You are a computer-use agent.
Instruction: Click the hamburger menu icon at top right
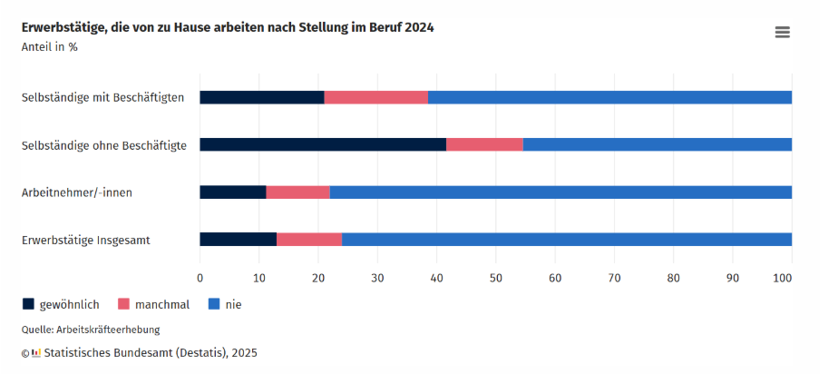(x=782, y=33)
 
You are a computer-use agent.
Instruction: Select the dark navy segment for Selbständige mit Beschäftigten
(x=261, y=97)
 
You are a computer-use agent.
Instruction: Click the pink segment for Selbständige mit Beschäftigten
(x=375, y=97)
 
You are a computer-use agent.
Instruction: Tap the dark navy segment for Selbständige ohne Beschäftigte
(x=322, y=144)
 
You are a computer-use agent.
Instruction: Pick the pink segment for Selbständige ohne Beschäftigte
(x=484, y=144)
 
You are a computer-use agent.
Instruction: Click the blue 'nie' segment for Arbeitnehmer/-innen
(x=560, y=192)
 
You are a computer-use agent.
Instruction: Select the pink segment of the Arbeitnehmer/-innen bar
(x=297, y=192)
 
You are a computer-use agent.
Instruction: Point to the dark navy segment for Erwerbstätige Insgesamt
(x=238, y=240)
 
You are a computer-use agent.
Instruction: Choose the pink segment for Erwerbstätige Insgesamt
(x=309, y=240)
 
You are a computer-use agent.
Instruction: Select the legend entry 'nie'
(x=233, y=304)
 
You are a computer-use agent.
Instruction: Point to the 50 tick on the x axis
(x=496, y=277)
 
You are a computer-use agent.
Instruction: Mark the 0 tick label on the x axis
(x=200, y=277)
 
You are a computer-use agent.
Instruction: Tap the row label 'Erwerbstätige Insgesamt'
(x=86, y=240)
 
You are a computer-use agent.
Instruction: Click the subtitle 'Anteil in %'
(x=50, y=47)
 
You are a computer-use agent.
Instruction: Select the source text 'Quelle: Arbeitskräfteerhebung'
(x=91, y=330)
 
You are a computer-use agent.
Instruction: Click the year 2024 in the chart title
(x=418, y=27)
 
